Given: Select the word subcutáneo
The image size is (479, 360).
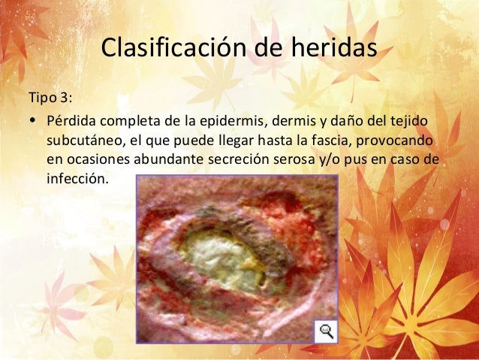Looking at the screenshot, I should click(x=83, y=141).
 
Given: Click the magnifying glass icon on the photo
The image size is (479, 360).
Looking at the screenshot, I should click(x=326, y=331).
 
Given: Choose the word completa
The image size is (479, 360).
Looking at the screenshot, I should click(x=129, y=121).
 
